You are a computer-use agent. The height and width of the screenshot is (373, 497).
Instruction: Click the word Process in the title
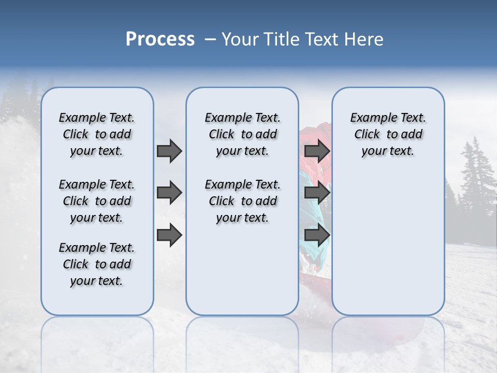pos(160,39)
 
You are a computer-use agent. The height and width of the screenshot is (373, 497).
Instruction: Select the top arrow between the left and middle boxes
pos(169,151)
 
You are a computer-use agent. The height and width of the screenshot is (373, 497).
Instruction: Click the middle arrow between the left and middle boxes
pos(169,193)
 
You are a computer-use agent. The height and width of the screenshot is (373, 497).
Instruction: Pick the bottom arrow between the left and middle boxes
pos(169,235)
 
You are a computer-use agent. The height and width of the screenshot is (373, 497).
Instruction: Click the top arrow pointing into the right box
pos(317,151)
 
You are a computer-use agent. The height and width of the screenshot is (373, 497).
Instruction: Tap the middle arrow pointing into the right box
pos(317,193)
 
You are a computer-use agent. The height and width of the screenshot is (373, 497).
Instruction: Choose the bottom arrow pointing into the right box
pos(317,235)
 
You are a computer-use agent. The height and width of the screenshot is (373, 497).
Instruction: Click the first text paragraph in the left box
pos(97,134)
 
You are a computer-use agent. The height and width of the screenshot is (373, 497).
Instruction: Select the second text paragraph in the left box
pos(97,201)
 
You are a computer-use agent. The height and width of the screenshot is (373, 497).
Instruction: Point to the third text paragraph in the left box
pos(97,264)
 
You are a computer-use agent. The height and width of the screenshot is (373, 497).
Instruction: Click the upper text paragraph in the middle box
pos(242,134)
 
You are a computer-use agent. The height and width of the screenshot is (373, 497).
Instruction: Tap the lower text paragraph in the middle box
pos(242,201)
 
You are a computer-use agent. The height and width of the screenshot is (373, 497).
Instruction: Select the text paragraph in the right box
pos(388,134)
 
